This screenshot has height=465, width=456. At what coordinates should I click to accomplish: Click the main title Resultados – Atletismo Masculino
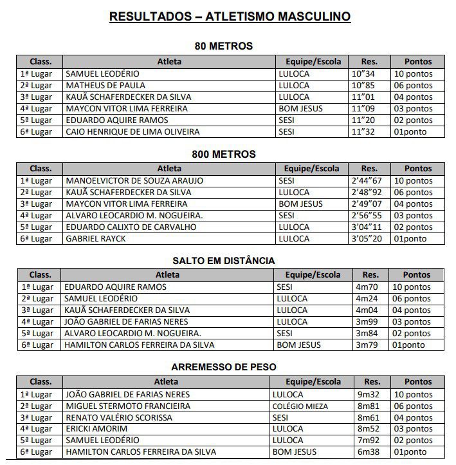tap(230, 17)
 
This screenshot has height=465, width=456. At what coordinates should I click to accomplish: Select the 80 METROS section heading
tap(223, 46)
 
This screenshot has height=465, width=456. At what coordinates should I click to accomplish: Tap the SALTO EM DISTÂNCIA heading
tap(223, 261)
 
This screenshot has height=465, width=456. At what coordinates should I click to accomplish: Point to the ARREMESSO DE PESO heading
tap(224, 367)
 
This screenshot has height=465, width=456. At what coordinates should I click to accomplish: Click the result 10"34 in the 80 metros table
tap(363, 74)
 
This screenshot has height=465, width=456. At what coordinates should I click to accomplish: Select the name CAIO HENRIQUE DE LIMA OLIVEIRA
tap(132, 132)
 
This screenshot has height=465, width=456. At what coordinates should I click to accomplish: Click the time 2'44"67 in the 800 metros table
tap(367, 181)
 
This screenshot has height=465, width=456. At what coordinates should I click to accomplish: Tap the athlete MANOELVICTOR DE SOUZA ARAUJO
tap(134, 181)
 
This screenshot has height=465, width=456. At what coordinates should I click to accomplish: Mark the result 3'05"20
tap(367, 239)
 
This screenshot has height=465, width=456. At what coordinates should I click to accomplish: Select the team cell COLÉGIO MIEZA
tap(300, 406)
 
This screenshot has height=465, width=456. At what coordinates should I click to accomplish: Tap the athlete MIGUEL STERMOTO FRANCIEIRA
tap(127, 406)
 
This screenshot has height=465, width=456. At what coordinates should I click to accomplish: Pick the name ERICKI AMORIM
tap(96, 429)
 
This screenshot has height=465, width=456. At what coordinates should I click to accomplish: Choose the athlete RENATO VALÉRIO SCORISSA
tap(118, 418)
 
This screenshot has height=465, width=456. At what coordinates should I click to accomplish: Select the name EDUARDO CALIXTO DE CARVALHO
tap(131, 227)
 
